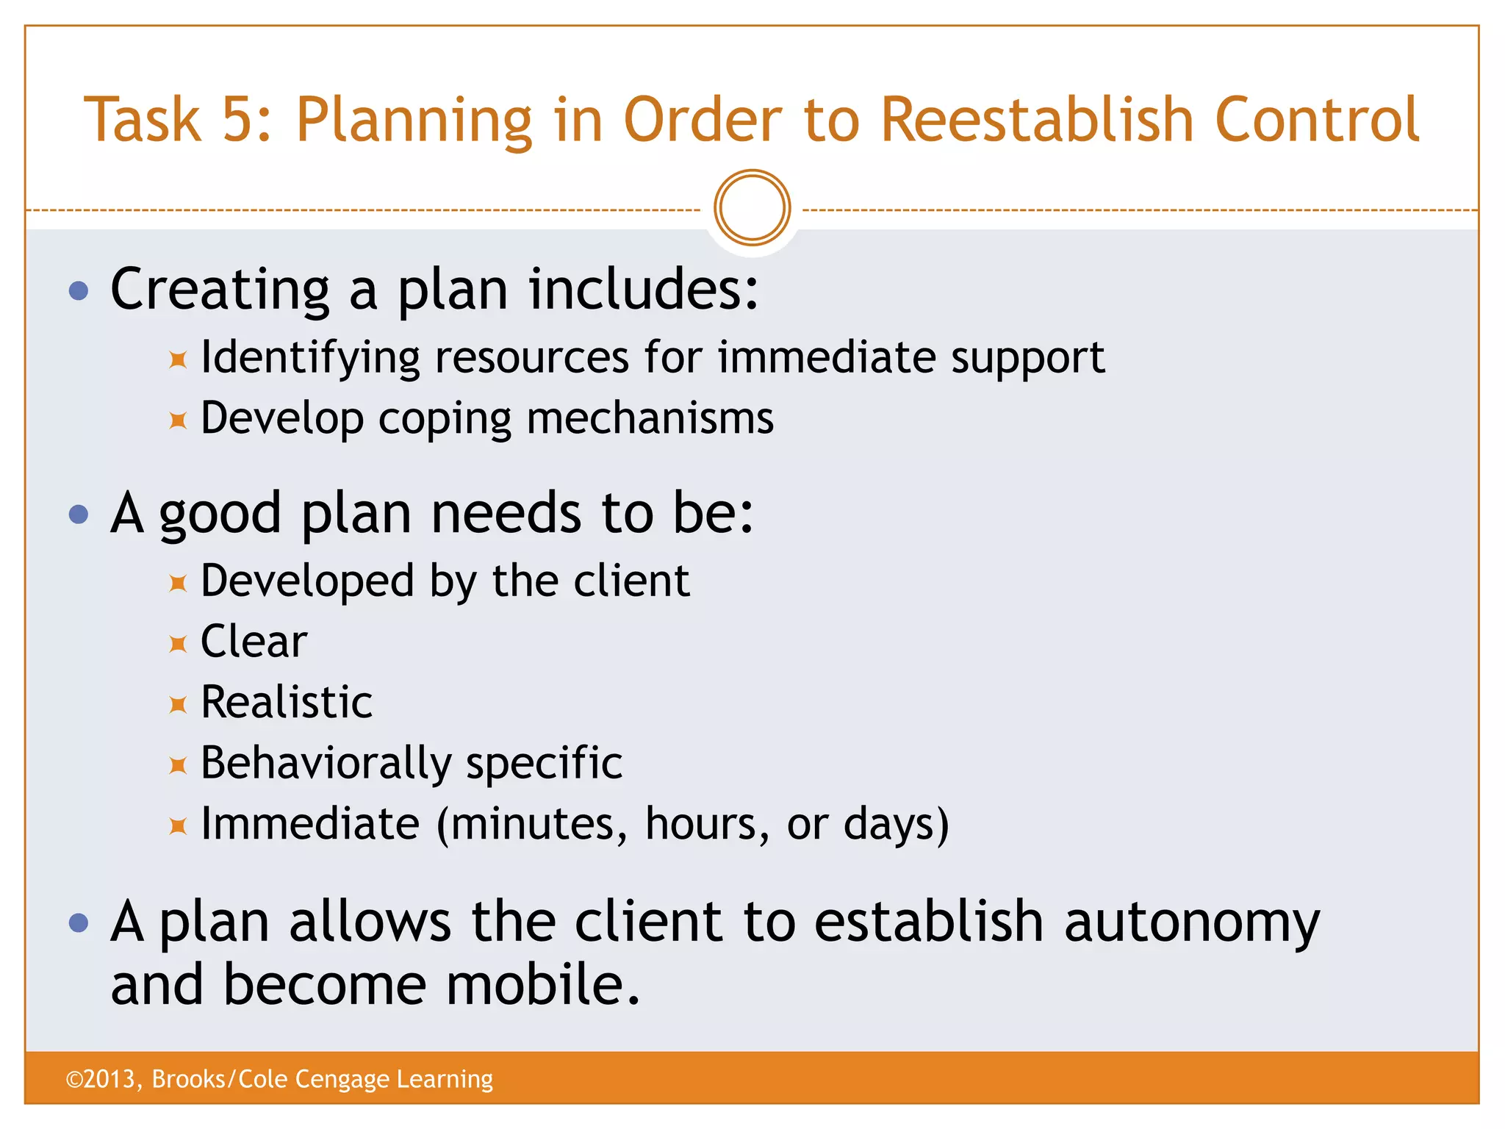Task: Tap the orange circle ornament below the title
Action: pos(752,208)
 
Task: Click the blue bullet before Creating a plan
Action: pos(79,291)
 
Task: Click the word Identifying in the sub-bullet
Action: pos(310,358)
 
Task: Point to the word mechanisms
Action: pos(650,419)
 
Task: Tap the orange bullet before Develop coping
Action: pos(178,420)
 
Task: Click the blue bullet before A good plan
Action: pos(79,514)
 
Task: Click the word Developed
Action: pos(307,581)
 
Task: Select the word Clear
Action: pos(254,642)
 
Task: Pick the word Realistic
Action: pos(287,703)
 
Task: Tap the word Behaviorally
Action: pos(326,764)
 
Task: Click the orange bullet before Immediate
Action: pos(178,826)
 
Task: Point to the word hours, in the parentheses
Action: pos(707,824)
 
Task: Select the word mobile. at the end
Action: pos(543,985)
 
